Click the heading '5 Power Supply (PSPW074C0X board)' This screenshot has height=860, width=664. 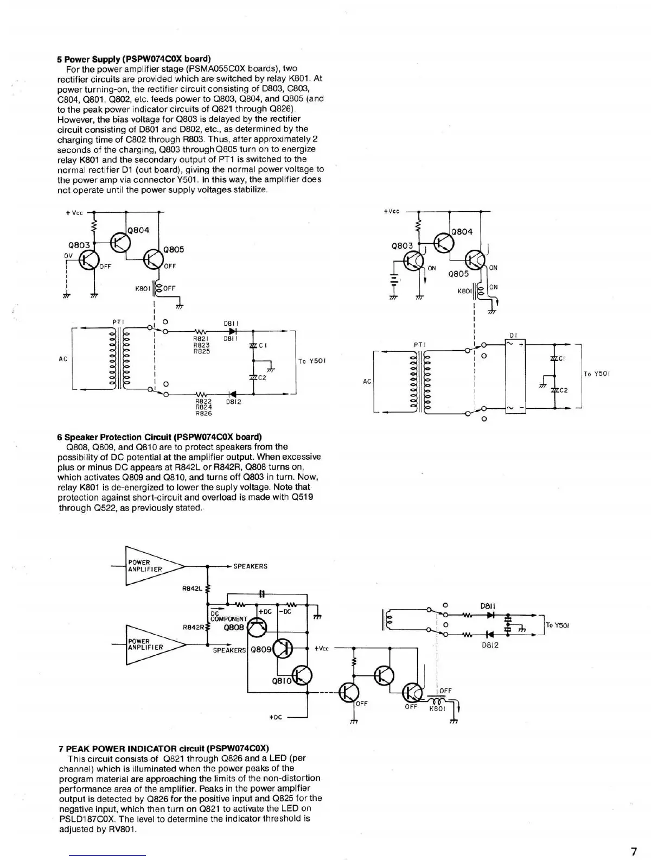134,59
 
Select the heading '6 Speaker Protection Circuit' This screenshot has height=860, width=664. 159,437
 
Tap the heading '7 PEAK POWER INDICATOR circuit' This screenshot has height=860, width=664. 163,748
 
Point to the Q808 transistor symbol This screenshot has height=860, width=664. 257,628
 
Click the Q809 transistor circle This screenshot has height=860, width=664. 283,648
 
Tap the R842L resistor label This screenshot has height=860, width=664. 193,587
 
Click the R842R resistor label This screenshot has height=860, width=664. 193,627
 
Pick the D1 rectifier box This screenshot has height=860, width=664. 515,376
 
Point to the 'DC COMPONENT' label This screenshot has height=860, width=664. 228,616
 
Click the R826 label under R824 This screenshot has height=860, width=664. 203,413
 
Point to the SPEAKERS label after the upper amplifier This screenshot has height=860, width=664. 250,566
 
